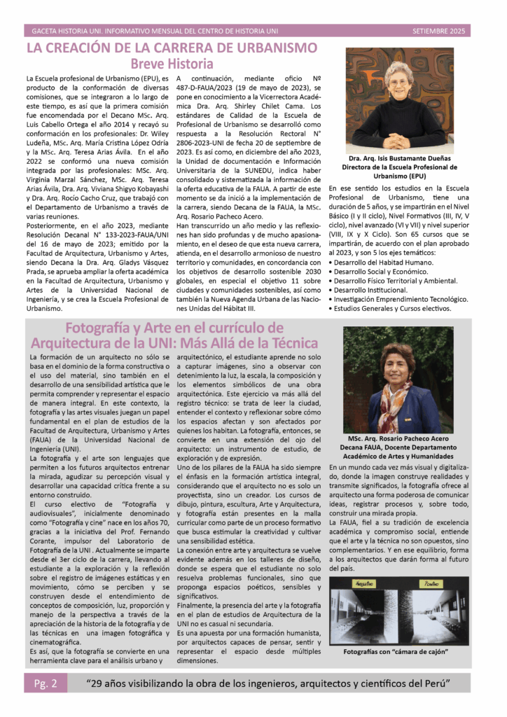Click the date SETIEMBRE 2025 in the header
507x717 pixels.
click(438, 32)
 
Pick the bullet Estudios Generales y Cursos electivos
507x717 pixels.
click(392, 307)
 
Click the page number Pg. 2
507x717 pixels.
click(46, 683)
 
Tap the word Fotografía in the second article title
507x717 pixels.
click(105, 328)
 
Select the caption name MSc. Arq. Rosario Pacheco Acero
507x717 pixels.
click(398, 438)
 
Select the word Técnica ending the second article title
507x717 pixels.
click(289, 343)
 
